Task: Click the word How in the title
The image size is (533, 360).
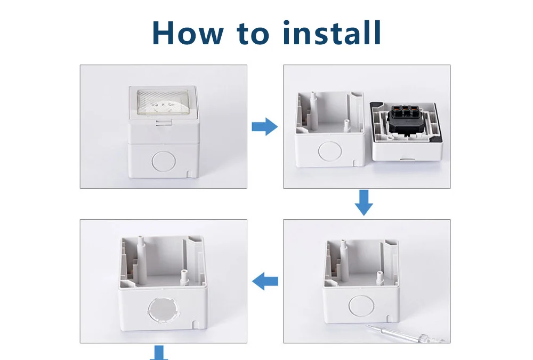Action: click(x=187, y=33)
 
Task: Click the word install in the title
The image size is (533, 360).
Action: click(x=332, y=33)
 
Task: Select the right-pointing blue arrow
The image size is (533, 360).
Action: click(x=264, y=127)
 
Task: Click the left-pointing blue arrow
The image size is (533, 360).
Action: click(x=265, y=281)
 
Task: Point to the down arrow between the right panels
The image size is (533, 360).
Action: click(x=364, y=203)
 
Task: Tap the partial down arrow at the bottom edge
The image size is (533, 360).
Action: click(x=158, y=353)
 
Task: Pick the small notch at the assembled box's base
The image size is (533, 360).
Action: click(x=189, y=174)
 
